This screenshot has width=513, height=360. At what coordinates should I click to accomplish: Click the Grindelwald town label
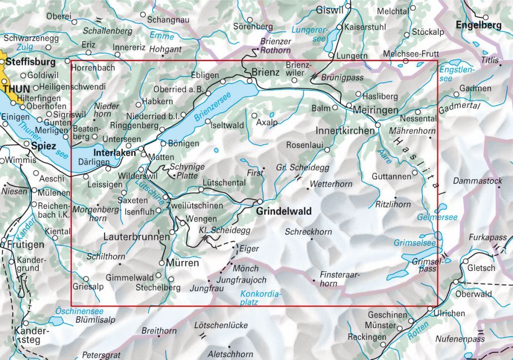tap(284, 211)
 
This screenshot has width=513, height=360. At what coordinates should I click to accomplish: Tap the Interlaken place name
tap(115, 153)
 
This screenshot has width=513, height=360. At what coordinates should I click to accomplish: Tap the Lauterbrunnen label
tap(136, 238)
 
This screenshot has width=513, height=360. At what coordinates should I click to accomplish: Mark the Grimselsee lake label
tap(414, 243)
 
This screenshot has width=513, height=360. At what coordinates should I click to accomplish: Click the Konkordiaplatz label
tap(261, 297)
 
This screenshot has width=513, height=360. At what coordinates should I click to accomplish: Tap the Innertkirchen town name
tap(345, 131)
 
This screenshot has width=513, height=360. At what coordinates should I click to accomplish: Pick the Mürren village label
tap(182, 263)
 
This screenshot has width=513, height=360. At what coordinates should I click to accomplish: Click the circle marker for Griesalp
tap(86, 279)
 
